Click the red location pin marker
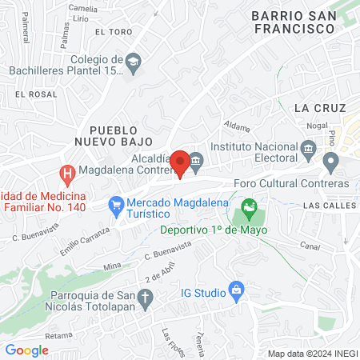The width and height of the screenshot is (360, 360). coord(181,163)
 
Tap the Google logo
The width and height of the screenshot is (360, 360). coord(27,350)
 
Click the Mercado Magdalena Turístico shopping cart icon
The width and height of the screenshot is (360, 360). coord(117,205)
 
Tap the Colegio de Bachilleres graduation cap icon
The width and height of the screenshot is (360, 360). coord(134,61)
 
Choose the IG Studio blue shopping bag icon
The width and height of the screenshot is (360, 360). coord(236,289)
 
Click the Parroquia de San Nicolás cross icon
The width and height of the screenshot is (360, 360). coord(145,299)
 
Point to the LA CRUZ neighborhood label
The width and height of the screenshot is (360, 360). coord(319,107)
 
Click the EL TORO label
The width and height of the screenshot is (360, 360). coord(112,32)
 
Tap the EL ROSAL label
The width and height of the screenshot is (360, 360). coord(32,94)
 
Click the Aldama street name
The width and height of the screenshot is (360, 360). coord(238,126)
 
